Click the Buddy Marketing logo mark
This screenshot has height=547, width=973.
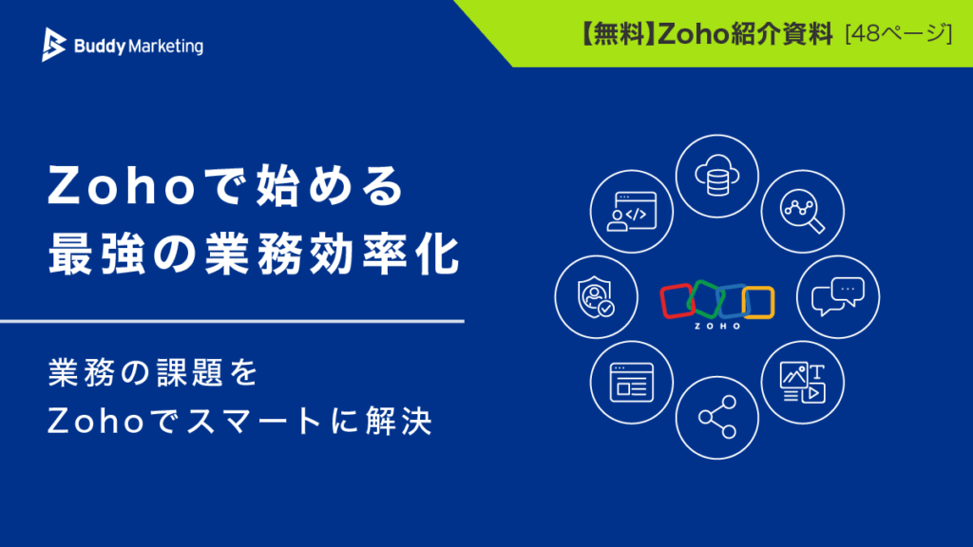(53, 45)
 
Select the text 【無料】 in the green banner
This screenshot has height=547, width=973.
(618, 33)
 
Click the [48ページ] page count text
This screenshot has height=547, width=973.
(899, 33)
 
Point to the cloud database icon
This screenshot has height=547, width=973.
(717, 176)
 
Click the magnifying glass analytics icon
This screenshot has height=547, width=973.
(802, 212)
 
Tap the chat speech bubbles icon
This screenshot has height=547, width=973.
(838, 296)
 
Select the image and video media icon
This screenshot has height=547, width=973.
(802, 382)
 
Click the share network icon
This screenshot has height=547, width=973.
(717, 418)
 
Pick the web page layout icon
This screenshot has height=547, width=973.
(632, 382)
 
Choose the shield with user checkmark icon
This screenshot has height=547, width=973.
(596, 297)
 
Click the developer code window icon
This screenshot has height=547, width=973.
(632, 212)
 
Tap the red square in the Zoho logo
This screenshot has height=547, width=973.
(677, 301)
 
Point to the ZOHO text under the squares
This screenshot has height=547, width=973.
(717, 327)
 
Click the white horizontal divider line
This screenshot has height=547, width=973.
(232, 321)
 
